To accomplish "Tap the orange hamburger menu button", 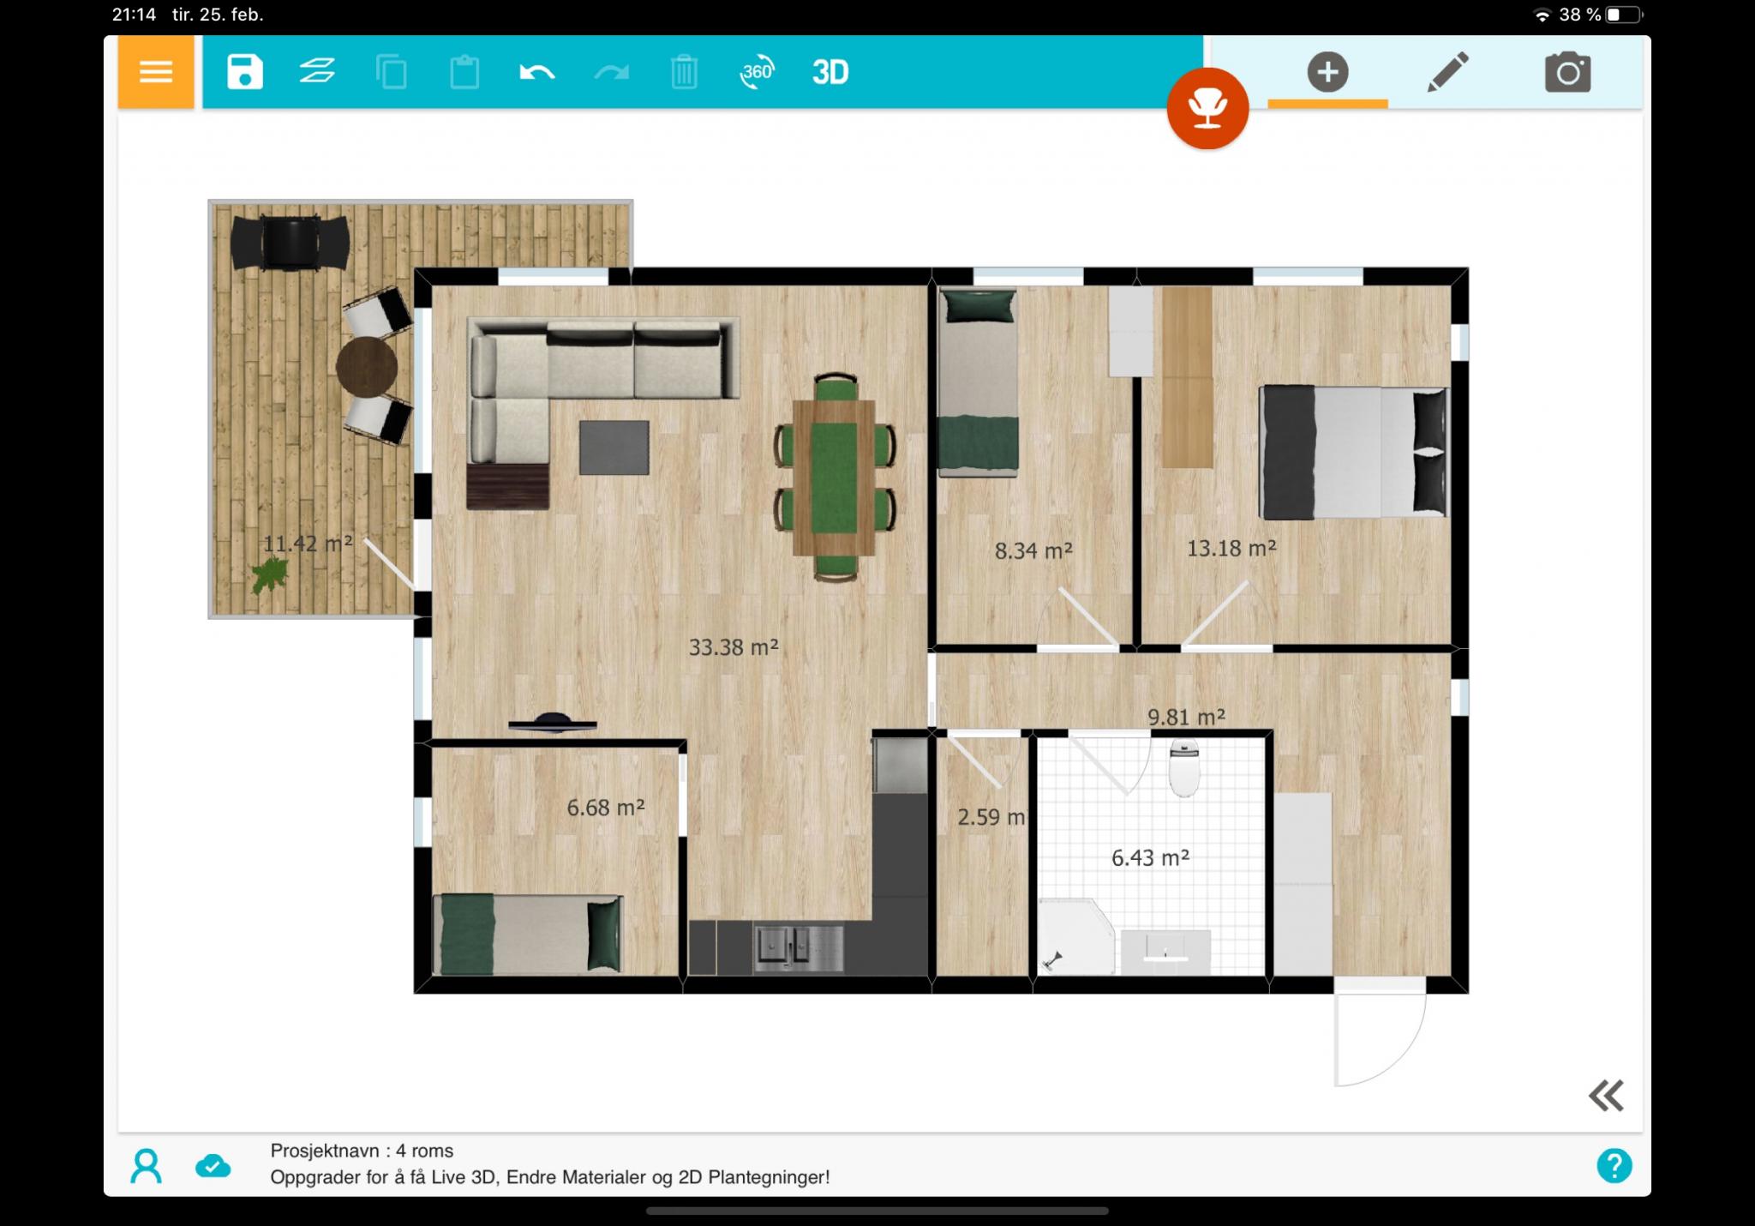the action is pyautogui.click(x=156, y=72).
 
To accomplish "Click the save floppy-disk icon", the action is pyautogui.click(x=244, y=72).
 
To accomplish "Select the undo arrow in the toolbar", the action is pyautogui.click(x=537, y=73).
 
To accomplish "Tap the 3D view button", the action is pyautogui.click(x=830, y=73).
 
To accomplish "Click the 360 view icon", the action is pyautogui.click(x=757, y=72).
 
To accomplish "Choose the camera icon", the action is pyautogui.click(x=1568, y=72).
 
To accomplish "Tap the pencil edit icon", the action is pyautogui.click(x=1447, y=72).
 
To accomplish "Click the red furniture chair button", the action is pyautogui.click(x=1207, y=109).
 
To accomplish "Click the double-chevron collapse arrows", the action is pyautogui.click(x=1606, y=1096).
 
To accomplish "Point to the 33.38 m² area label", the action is pyautogui.click(x=734, y=647).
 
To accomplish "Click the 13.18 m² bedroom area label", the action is pyautogui.click(x=1231, y=548).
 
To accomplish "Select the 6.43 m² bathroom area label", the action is pyautogui.click(x=1150, y=857).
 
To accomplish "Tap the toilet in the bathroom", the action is pyautogui.click(x=1184, y=768).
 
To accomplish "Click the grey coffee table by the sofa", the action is pyautogui.click(x=614, y=448).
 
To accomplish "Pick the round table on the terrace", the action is pyautogui.click(x=367, y=367).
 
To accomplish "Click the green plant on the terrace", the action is pyautogui.click(x=270, y=575).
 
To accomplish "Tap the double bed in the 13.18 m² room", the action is pyautogui.click(x=1353, y=452).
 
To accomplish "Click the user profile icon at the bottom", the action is pyautogui.click(x=146, y=1166).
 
